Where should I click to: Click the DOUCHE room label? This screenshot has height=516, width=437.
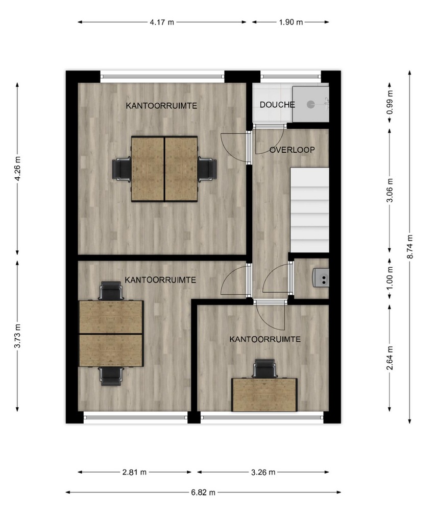point(277,105)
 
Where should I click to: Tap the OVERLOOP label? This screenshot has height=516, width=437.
point(292,150)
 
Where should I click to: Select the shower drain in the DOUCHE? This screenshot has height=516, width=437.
point(311,104)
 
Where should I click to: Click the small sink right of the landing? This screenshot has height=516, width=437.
point(321,278)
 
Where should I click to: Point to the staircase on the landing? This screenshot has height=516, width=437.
point(309,210)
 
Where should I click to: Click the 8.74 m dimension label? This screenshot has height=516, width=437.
point(410,246)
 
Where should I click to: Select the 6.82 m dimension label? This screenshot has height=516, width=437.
point(203,492)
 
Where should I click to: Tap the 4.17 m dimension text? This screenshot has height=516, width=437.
point(162,22)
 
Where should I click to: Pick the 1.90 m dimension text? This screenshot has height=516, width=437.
point(290,22)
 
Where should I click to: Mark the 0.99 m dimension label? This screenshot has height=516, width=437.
point(390,102)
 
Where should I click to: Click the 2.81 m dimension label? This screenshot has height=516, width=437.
point(134,472)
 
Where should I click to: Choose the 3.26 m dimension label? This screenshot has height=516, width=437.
point(263,472)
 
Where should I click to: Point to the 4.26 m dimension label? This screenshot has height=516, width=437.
point(17,169)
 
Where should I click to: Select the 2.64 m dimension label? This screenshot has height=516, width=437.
point(390,358)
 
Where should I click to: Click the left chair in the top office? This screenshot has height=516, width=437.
point(122,170)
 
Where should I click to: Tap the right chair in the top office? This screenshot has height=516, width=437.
point(207,170)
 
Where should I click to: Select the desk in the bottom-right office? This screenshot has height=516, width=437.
point(264,394)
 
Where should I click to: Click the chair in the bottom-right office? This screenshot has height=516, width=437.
point(264,369)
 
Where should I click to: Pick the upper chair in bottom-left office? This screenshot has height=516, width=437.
point(111,291)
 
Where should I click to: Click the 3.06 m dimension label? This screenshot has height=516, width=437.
point(390,191)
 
